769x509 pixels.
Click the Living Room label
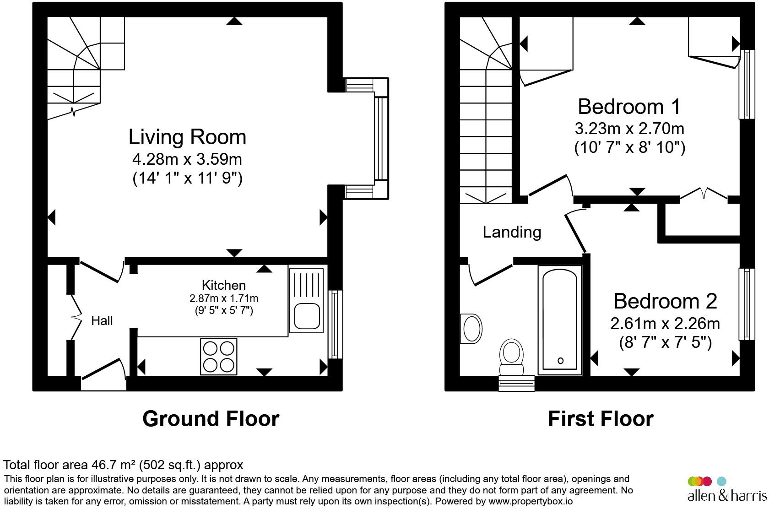point(188,137)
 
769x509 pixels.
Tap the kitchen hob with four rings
point(219,357)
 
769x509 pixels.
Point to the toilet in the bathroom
point(512,357)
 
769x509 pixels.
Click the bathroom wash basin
point(471,329)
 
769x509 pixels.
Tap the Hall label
point(102,321)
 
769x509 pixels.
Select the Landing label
point(512,232)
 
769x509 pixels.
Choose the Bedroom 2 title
point(666,301)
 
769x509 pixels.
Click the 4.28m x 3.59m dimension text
point(188,159)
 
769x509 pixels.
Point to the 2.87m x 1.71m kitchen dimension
point(224,298)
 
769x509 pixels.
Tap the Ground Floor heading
point(211,419)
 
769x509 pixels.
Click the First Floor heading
point(601,419)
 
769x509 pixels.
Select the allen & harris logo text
point(727,496)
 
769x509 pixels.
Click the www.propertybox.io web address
point(531,502)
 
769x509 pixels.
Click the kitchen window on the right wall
point(335,325)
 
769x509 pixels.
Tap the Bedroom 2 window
point(747,304)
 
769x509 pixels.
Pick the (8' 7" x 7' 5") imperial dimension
point(666,342)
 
